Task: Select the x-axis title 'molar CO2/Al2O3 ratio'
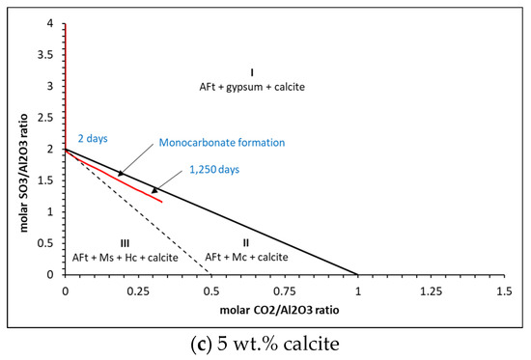282,311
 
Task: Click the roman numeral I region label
251,71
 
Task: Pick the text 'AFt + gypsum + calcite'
251,87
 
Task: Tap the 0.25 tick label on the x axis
138,290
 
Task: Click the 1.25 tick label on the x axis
431,290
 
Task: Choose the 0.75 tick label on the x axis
284,290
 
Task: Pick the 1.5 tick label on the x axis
503,290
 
